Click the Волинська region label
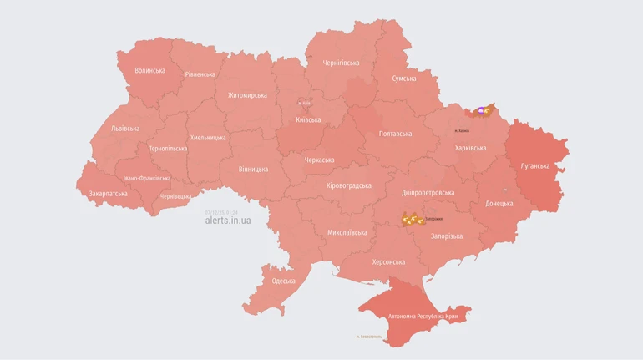149,71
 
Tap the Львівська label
125,129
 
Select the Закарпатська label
109,193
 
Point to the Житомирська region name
247,95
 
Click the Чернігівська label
341,63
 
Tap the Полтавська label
395,134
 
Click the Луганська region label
535,166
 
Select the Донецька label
499,203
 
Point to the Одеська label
283,281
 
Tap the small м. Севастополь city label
368,337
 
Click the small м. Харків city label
462,130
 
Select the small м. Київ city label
305,104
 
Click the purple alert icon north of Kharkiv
482,110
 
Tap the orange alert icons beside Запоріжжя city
413,220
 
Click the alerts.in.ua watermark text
227,221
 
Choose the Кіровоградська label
348,185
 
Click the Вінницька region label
253,169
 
